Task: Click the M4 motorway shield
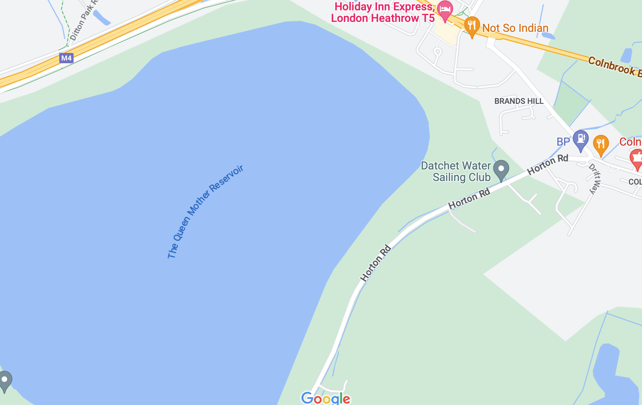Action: (x=66, y=58)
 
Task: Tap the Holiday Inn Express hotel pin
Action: (x=445, y=10)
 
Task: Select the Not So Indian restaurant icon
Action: (x=472, y=27)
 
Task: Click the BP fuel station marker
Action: (x=580, y=140)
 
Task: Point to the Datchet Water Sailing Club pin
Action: (x=501, y=170)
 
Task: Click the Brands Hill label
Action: (x=519, y=101)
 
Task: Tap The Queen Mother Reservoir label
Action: (x=205, y=212)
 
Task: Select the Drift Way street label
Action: (x=595, y=179)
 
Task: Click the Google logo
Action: (x=326, y=398)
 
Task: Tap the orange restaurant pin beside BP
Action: (x=601, y=145)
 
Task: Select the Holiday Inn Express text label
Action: (x=383, y=12)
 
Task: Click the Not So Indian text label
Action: (x=515, y=28)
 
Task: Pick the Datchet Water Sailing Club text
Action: (x=456, y=171)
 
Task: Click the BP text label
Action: (x=563, y=142)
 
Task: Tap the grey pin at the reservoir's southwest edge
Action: (x=5, y=381)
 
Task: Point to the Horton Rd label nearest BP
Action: (x=547, y=164)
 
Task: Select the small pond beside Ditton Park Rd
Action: (x=101, y=18)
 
